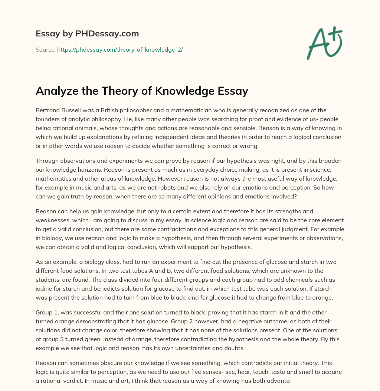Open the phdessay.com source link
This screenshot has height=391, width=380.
coord(120,49)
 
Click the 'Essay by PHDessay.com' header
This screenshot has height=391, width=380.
coord(87,34)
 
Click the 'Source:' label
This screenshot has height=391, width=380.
coord(46,49)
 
